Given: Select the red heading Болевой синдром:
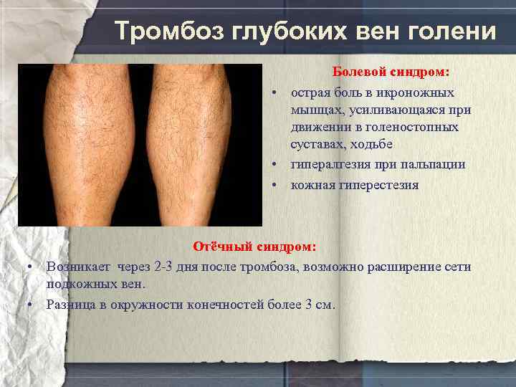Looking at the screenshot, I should [391, 72].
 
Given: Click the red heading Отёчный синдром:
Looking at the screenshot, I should [254, 247].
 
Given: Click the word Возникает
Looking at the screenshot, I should [79, 267].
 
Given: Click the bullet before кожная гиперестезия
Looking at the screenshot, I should [274, 185].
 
